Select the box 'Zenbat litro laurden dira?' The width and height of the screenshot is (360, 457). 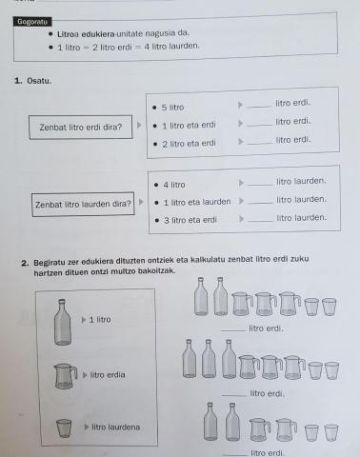[x=82, y=204]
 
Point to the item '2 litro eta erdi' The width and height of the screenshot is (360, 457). [x=189, y=143]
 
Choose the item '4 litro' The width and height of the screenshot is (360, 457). [x=173, y=184]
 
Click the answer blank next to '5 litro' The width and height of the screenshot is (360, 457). [x=257, y=105]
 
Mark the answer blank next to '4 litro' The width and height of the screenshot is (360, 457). [x=258, y=183]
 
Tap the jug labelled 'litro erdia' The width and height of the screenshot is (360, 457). [x=64, y=376]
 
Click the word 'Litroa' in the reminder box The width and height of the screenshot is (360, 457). [x=70, y=33]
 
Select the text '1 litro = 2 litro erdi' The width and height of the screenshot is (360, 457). [x=102, y=46]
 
